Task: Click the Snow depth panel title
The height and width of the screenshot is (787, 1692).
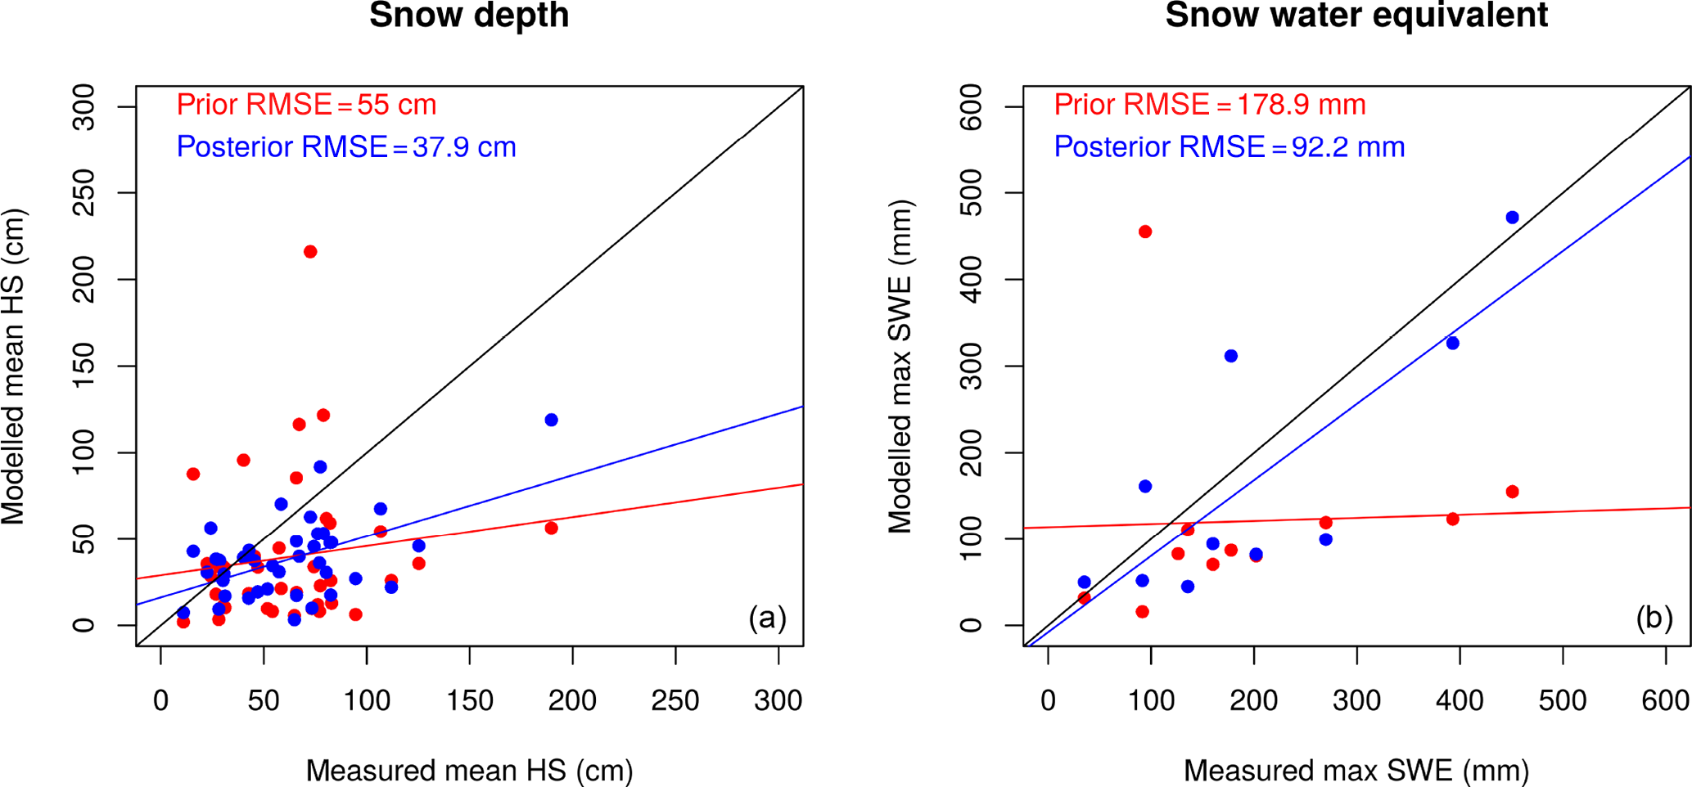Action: pos(469,16)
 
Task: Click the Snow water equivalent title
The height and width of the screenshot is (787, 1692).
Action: pos(1356,16)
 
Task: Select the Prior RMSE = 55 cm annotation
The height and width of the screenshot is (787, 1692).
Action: pos(306,105)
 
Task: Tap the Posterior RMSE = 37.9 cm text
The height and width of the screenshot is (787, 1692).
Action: pos(346,147)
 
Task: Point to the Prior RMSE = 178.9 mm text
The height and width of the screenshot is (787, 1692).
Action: pos(1210,105)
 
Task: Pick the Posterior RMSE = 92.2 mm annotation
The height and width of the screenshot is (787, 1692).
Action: pos(1229,147)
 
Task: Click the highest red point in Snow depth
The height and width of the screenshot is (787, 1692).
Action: pos(310,252)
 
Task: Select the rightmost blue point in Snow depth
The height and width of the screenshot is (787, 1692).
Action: pos(551,420)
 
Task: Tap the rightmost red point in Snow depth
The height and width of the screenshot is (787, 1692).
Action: pos(551,528)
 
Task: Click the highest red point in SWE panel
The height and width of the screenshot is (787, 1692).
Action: pos(1145,232)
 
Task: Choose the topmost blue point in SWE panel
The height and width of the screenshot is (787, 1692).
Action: pos(1512,218)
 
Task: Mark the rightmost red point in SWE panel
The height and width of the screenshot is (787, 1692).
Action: pos(1512,492)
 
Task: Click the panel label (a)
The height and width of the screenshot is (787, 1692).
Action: pos(767,618)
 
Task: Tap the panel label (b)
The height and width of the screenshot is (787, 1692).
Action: pos(1654,618)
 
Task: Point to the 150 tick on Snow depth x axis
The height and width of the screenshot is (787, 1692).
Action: pos(469,701)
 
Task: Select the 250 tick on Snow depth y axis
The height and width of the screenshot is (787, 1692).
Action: pos(84,193)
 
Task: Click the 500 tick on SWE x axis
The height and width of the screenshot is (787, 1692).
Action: pos(1563,701)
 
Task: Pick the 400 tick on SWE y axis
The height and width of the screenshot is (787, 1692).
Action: pos(972,280)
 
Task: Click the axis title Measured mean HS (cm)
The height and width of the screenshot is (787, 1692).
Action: pos(469,770)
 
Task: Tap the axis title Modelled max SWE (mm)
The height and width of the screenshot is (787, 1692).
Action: pos(900,367)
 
